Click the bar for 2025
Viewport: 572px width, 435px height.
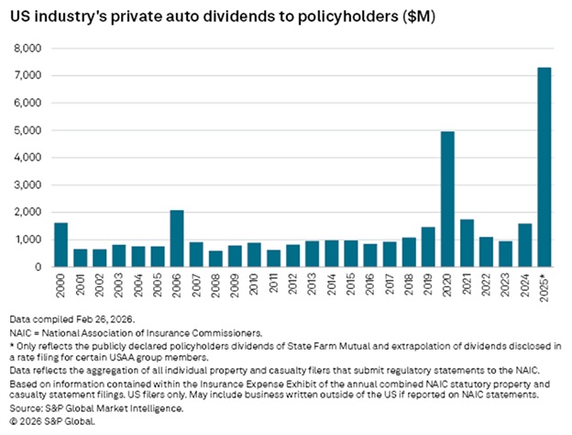[544, 167]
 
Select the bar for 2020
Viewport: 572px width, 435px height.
[448, 199]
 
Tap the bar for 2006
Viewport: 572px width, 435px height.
[177, 239]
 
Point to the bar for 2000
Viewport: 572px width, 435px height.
[60, 245]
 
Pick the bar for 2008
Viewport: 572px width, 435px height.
[215, 259]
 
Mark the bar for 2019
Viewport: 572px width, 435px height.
[429, 247]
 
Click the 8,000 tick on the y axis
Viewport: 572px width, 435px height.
[28, 48]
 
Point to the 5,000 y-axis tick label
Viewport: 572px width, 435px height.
[28, 130]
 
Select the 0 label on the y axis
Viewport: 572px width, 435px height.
[39, 267]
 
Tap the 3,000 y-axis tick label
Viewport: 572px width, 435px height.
[28, 184]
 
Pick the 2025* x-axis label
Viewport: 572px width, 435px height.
[544, 288]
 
